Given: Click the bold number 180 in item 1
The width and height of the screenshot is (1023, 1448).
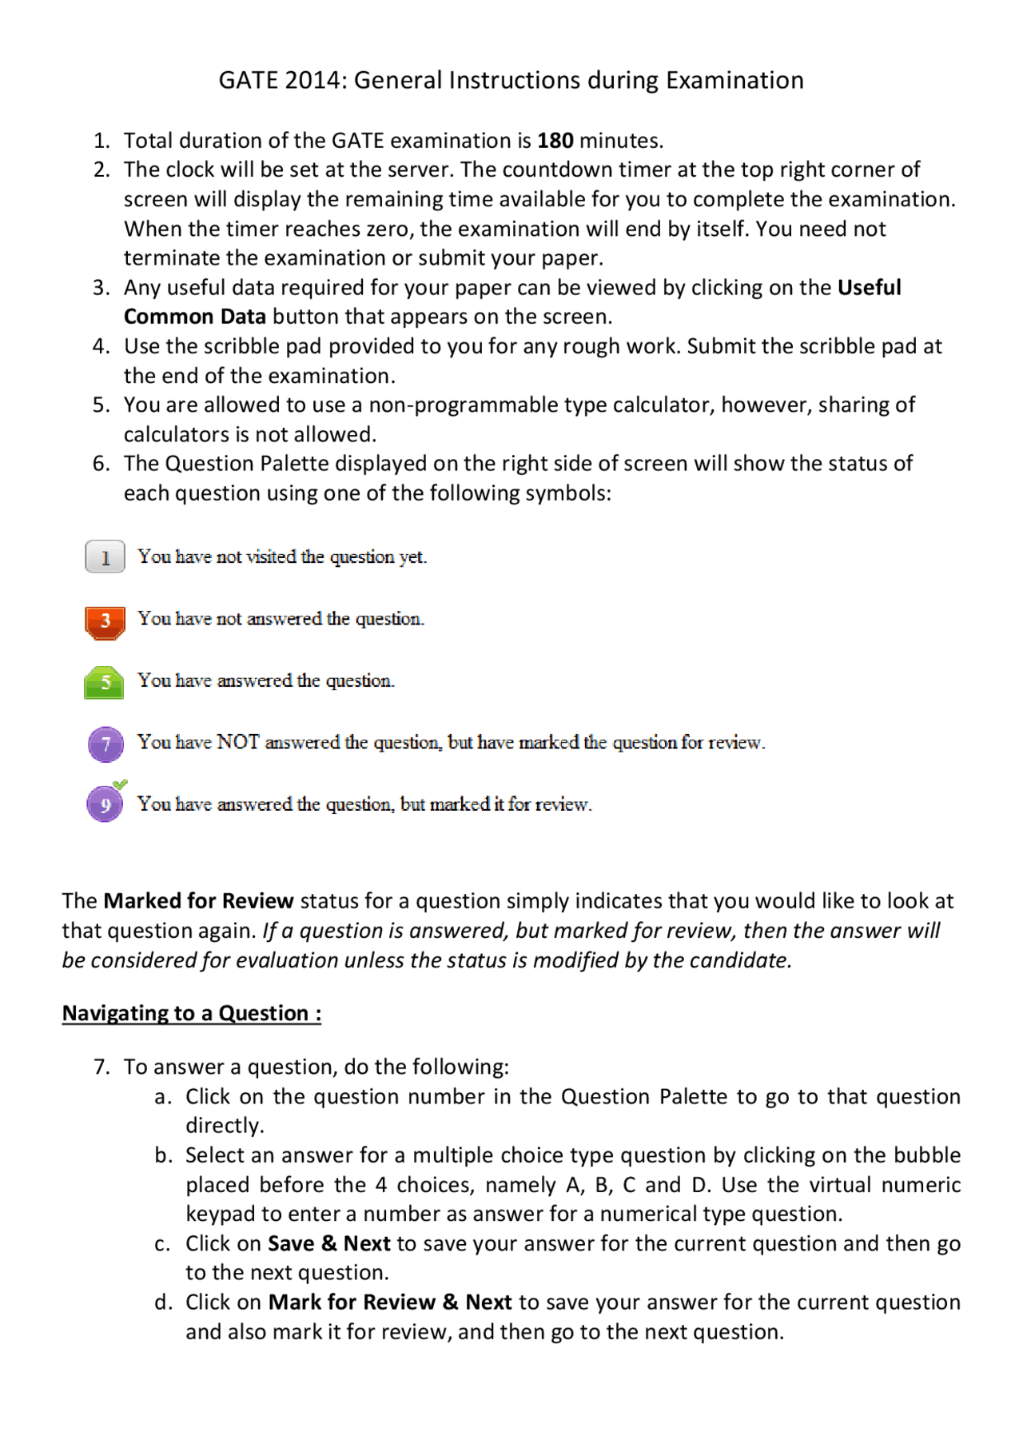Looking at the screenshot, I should (555, 141).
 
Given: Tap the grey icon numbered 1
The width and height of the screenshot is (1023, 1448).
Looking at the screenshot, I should (105, 556).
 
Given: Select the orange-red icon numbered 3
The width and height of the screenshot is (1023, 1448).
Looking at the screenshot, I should (105, 621).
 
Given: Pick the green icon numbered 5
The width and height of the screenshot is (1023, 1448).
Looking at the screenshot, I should (104, 683).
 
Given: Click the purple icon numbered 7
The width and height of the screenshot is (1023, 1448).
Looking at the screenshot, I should (105, 744).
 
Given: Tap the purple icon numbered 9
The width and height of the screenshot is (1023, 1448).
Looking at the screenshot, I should (105, 805).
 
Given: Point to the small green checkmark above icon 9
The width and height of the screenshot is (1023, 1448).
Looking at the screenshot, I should (120, 784).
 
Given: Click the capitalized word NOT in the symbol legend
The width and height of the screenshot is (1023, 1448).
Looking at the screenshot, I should (237, 742).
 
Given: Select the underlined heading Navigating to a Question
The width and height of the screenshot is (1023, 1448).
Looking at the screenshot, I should (192, 1013).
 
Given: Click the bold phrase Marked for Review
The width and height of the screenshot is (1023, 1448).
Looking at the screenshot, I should (198, 901).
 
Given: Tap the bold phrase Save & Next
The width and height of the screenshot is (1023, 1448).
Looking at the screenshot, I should (328, 1243).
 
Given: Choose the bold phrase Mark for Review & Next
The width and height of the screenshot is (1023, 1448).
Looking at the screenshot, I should (389, 1302).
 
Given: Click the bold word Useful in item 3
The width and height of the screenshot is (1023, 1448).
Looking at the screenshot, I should (869, 287).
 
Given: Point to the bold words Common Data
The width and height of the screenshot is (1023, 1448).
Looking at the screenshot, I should (194, 317).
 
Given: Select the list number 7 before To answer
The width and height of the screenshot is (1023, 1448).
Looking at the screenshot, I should (101, 1067).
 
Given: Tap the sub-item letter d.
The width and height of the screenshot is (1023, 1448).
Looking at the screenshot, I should (162, 1302).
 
